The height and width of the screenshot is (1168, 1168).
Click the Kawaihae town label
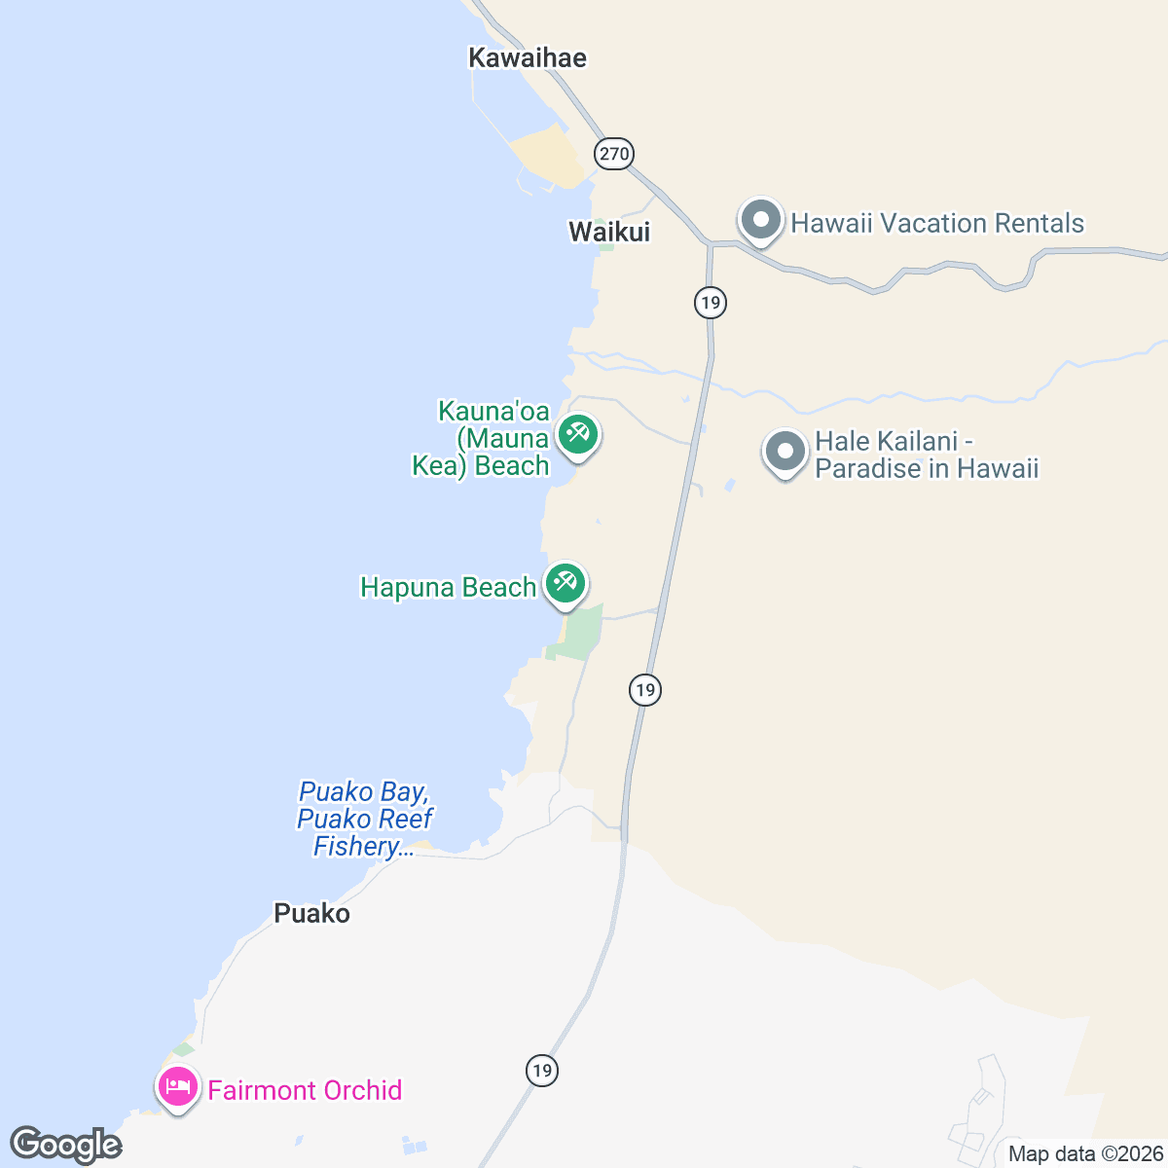528,58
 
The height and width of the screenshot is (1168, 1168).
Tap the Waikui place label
609,232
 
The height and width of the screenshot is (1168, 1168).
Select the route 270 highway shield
614,154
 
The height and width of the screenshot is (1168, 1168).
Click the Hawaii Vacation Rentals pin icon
761,220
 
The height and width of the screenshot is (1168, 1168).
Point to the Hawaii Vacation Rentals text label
936,224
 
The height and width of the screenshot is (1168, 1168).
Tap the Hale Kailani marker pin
785,452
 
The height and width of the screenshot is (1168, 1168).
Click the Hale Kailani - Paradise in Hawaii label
927,456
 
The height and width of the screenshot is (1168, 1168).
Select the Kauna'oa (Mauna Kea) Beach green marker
577,434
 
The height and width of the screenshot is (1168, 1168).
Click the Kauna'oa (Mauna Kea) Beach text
482,439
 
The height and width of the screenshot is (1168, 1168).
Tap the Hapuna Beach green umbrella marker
566,583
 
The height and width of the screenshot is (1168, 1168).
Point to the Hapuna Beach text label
449,588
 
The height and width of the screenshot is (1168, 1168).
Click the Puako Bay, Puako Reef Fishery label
365,820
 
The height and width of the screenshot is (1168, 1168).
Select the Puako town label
311,913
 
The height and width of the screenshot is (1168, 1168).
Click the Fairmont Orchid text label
305,1090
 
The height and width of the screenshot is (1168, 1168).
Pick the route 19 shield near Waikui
711,303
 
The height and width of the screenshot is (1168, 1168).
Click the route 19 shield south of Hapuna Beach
644,690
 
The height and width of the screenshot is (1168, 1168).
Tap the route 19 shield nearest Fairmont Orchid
542,1071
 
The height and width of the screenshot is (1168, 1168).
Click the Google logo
66,1146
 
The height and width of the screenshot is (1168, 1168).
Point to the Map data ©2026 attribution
1085,1154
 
